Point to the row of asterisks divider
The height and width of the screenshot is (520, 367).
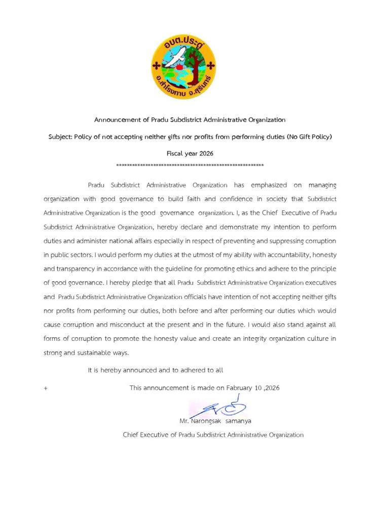tap(190, 166)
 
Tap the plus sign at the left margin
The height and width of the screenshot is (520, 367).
tap(46, 388)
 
